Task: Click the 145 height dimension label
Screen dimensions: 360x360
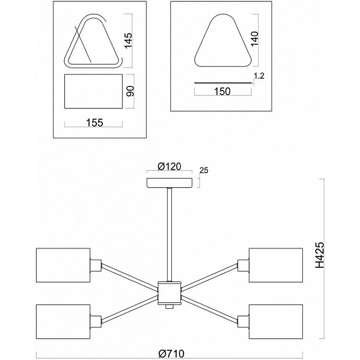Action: tap(129, 40)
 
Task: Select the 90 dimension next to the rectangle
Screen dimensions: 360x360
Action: tap(131, 91)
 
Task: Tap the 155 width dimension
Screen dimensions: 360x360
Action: tap(95, 122)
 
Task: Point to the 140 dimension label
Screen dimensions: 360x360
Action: tap(254, 39)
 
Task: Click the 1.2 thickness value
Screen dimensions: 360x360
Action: tap(259, 75)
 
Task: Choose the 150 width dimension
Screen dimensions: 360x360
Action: tap(222, 91)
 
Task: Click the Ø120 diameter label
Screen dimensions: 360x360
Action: tap(169, 166)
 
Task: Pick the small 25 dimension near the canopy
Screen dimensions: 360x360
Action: tap(204, 170)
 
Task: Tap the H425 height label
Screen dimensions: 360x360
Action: tap(320, 254)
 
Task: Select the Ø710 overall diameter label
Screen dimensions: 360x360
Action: tap(171, 354)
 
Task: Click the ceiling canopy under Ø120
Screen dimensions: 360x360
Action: tap(169, 183)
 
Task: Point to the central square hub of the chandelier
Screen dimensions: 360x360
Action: tap(169, 292)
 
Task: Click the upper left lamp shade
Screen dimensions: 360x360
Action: tap(63, 265)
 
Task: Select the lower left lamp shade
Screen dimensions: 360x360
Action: tap(63, 322)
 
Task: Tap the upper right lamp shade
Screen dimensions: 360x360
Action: tap(276, 265)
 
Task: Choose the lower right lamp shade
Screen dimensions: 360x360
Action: tap(276, 322)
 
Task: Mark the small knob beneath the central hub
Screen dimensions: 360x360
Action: tap(169, 307)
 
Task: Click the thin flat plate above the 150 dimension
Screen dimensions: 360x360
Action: tap(223, 83)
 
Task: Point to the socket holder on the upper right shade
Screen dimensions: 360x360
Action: tap(243, 265)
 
